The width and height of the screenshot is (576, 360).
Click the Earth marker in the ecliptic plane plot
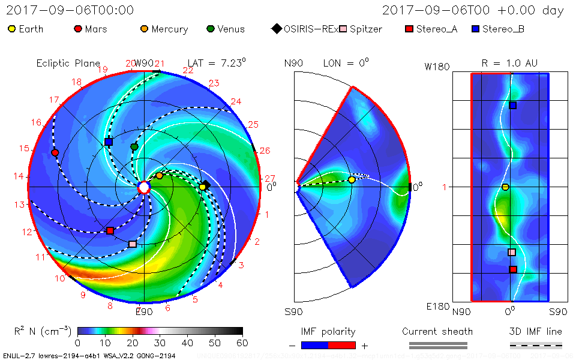click(203, 187)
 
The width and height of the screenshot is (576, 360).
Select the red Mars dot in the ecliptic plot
click(55, 153)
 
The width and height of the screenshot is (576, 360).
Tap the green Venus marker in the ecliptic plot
click(134, 147)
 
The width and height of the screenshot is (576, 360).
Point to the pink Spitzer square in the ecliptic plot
click(133, 244)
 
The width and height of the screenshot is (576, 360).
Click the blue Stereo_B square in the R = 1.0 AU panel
click(513, 106)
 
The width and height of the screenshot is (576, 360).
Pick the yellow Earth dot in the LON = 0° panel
click(352, 179)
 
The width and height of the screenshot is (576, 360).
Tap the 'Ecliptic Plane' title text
click(68, 64)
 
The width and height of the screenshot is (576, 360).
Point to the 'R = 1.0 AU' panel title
click(509, 63)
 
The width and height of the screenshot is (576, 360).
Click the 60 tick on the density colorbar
click(242, 343)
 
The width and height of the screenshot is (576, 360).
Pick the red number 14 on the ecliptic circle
click(20, 176)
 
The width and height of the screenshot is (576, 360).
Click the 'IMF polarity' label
click(328, 332)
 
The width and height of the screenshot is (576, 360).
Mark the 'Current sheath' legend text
click(437, 332)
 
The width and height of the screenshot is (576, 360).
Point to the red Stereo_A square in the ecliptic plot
click(110, 231)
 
